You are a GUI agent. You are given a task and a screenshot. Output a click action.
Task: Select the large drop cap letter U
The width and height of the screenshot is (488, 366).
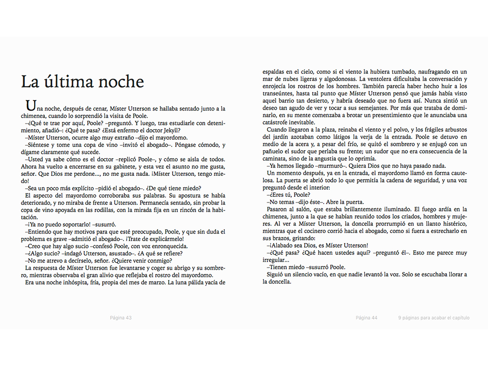pos(30,105)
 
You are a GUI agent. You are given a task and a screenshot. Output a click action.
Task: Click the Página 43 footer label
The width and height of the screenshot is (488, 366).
pos(121,318)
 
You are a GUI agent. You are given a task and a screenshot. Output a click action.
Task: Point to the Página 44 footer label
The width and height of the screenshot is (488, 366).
pos(366,318)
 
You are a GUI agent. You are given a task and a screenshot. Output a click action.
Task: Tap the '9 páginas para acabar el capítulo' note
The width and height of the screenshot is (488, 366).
pos(434,318)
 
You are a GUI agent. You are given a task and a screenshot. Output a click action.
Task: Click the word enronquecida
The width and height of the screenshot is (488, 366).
pos(167,246)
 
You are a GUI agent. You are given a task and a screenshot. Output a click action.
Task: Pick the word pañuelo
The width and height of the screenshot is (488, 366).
pos(274,152)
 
